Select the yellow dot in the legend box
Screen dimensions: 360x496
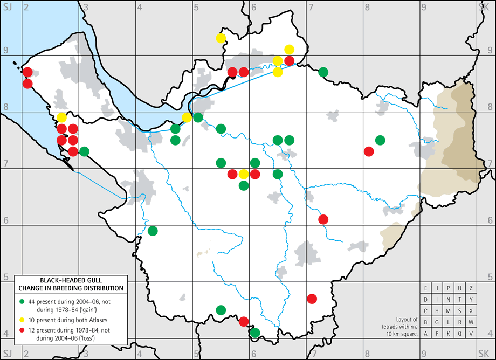pyautogui.click(x=22, y=320)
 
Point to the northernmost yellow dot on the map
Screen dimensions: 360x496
pyautogui.click(x=221, y=38)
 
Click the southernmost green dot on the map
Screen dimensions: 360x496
pyautogui.click(x=255, y=333)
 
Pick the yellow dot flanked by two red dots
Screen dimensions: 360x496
pyautogui.click(x=244, y=174)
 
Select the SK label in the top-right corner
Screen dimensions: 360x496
pyautogui.click(x=484, y=6)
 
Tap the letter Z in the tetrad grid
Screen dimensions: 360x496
pyautogui.click(x=471, y=288)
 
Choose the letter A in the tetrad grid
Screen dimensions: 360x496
pyautogui.click(x=426, y=334)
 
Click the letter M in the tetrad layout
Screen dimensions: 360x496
pyautogui.click(x=449, y=311)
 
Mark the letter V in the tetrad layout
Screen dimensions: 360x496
pyautogui.click(x=471, y=334)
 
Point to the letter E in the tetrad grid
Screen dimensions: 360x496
pyautogui.click(x=426, y=288)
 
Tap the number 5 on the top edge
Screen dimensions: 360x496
pyautogui.click(x=197, y=6)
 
